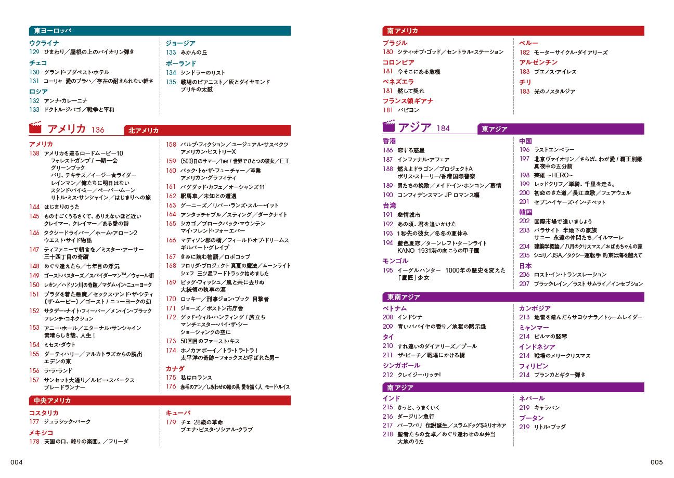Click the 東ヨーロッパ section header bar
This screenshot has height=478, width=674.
coord(159,31)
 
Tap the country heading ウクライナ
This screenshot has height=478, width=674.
coord(44,43)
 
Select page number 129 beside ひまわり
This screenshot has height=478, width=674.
coord(34,52)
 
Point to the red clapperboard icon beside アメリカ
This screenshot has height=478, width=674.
coord(35,128)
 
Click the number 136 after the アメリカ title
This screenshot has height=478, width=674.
coord(98,130)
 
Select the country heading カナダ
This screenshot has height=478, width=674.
coord(175,368)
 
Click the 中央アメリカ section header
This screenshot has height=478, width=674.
coord(159,400)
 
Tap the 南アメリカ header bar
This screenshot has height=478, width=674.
coord(513,31)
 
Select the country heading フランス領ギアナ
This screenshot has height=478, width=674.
coord(408,101)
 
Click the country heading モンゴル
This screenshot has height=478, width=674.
coord(395,261)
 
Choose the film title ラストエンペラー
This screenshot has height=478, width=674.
coord(554,150)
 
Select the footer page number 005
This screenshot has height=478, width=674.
coord(656,462)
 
